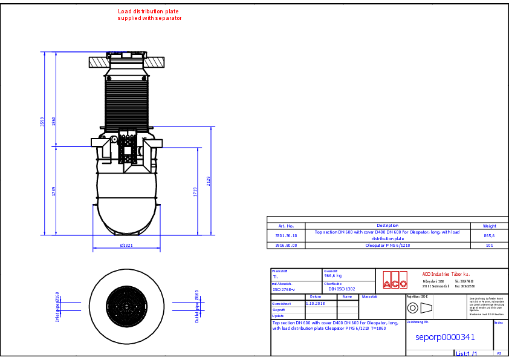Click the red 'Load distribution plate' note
pyautogui.click(x=149, y=15)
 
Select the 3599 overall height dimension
pyautogui.click(x=42, y=121)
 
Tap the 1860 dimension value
pyautogui.click(x=54, y=121)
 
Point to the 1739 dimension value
pyautogui.click(x=54, y=191)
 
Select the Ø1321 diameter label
pyautogui.click(x=126, y=246)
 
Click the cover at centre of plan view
pyautogui.click(x=126, y=304)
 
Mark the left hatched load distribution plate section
pyautogui.click(x=98, y=62)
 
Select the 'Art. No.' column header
pyautogui.click(x=285, y=225)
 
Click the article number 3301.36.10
pyautogui.click(x=286, y=235)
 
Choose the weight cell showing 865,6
pyautogui.click(x=489, y=235)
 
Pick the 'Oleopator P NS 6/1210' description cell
pyautogui.click(x=387, y=246)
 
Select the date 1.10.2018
pyautogui.click(x=315, y=303)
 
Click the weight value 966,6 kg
pyautogui.click(x=333, y=275)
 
